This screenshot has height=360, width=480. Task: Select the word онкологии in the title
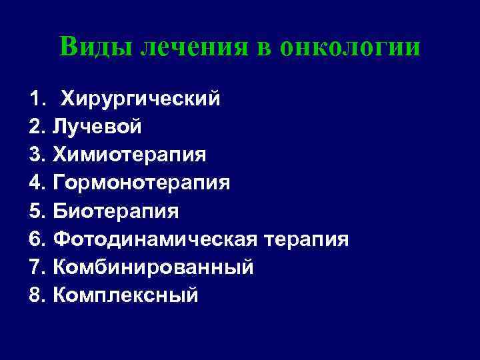click(351, 47)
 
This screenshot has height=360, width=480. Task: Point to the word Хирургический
click(141, 99)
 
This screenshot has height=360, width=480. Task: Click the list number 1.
click(37, 99)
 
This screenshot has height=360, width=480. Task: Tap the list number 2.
click(37, 127)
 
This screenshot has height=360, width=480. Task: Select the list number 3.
click(37, 155)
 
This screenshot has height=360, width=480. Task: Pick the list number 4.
click(37, 183)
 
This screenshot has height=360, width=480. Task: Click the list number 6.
click(37, 239)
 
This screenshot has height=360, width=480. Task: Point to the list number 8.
click(37, 295)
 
